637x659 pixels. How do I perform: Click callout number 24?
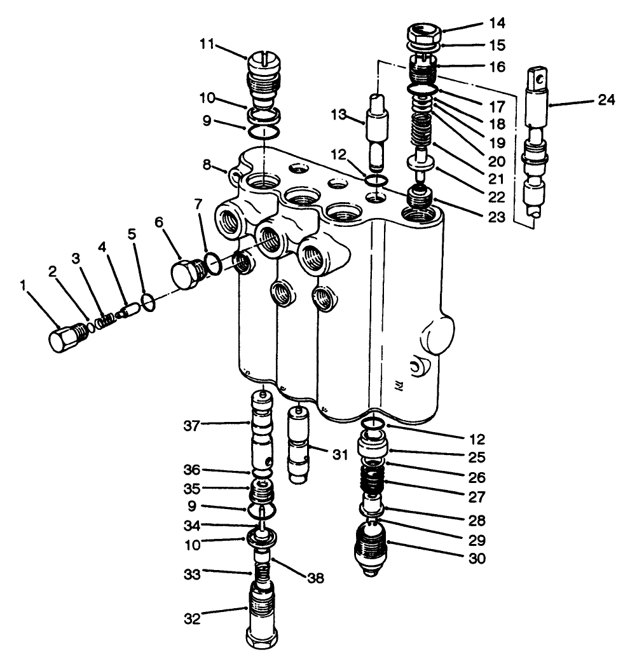click(606, 100)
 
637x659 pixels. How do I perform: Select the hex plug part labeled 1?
click(63, 337)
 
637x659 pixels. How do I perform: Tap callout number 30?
click(476, 559)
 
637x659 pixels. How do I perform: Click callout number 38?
click(316, 578)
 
